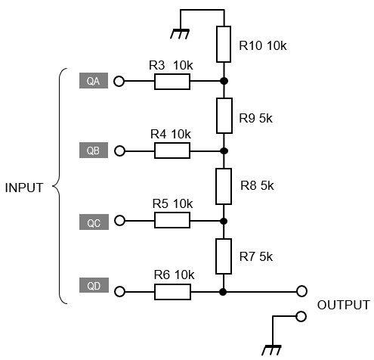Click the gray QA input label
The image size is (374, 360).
pyautogui.click(x=94, y=81)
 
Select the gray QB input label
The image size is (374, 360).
pyautogui.click(x=94, y=151)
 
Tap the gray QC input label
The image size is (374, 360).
pyautogui.click(x=94, y=222)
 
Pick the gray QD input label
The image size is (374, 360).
pyautogui.click(x=94, y=285)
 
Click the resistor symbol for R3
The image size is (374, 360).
pyautogui.click(x=172, y=82)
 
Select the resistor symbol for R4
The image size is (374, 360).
pyautogui.click(x=172, y=151)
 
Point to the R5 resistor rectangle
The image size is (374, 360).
pyautogui.click(x=172, y=220)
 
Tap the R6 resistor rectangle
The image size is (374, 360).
pyautogui.click(x=172, y=292)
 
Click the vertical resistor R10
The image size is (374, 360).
pyautogui.click(x=224, y=44)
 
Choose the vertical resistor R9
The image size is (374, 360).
pyautogui.click(x=224, y=116)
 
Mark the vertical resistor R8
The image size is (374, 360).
pyautogui.click(x=224, y=186)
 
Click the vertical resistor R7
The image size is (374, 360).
pyautogui.click(x=224, y=256)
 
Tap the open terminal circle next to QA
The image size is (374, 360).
pyautogui.click(x=119, y=82)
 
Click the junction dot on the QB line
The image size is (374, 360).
pyautogui.click(x=224, y=151)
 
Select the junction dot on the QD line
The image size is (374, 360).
pyautogui.click(x=223, y=292)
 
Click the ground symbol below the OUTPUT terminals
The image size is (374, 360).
pyautogui.click(x=271, y=350)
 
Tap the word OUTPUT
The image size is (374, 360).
pyautogui.click(x=344, y=305)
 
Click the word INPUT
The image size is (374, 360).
pyautogui.click(x=24, y=188)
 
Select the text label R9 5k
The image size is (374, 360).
pyautogui.click(x=255, y=118)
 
